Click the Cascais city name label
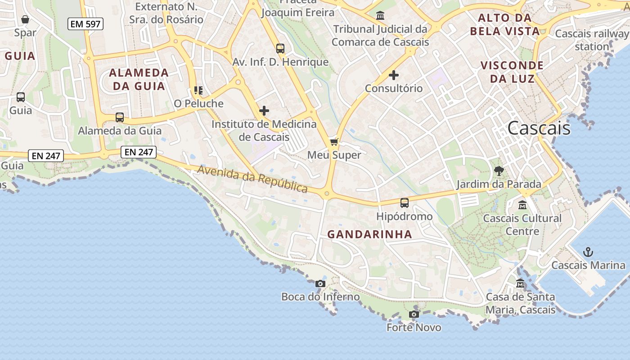coord(539,128)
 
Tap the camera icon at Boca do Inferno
coord(320,283)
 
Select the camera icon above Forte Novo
coord(414,314)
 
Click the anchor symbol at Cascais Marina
coord(588,252)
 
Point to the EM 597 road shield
coord(85,24)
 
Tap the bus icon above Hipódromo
coord(405,203)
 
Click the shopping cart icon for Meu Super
coord(334,142)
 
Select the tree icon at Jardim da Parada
coord(499,171)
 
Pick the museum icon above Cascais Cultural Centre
coord(522,205)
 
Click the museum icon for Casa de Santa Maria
coord(520,283)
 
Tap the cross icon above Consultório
coord(394,75)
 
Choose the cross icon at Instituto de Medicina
coord(264,110)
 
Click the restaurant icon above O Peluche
coord(198,90)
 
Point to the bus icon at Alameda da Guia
coord(120,117)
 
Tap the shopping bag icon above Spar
coord(25,19)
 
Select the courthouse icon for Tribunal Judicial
coord(380,16)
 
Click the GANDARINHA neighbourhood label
coord(369,234)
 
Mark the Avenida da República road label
coord(252,179)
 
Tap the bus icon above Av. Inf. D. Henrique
coord(280,49)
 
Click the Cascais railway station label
coord(592,40)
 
